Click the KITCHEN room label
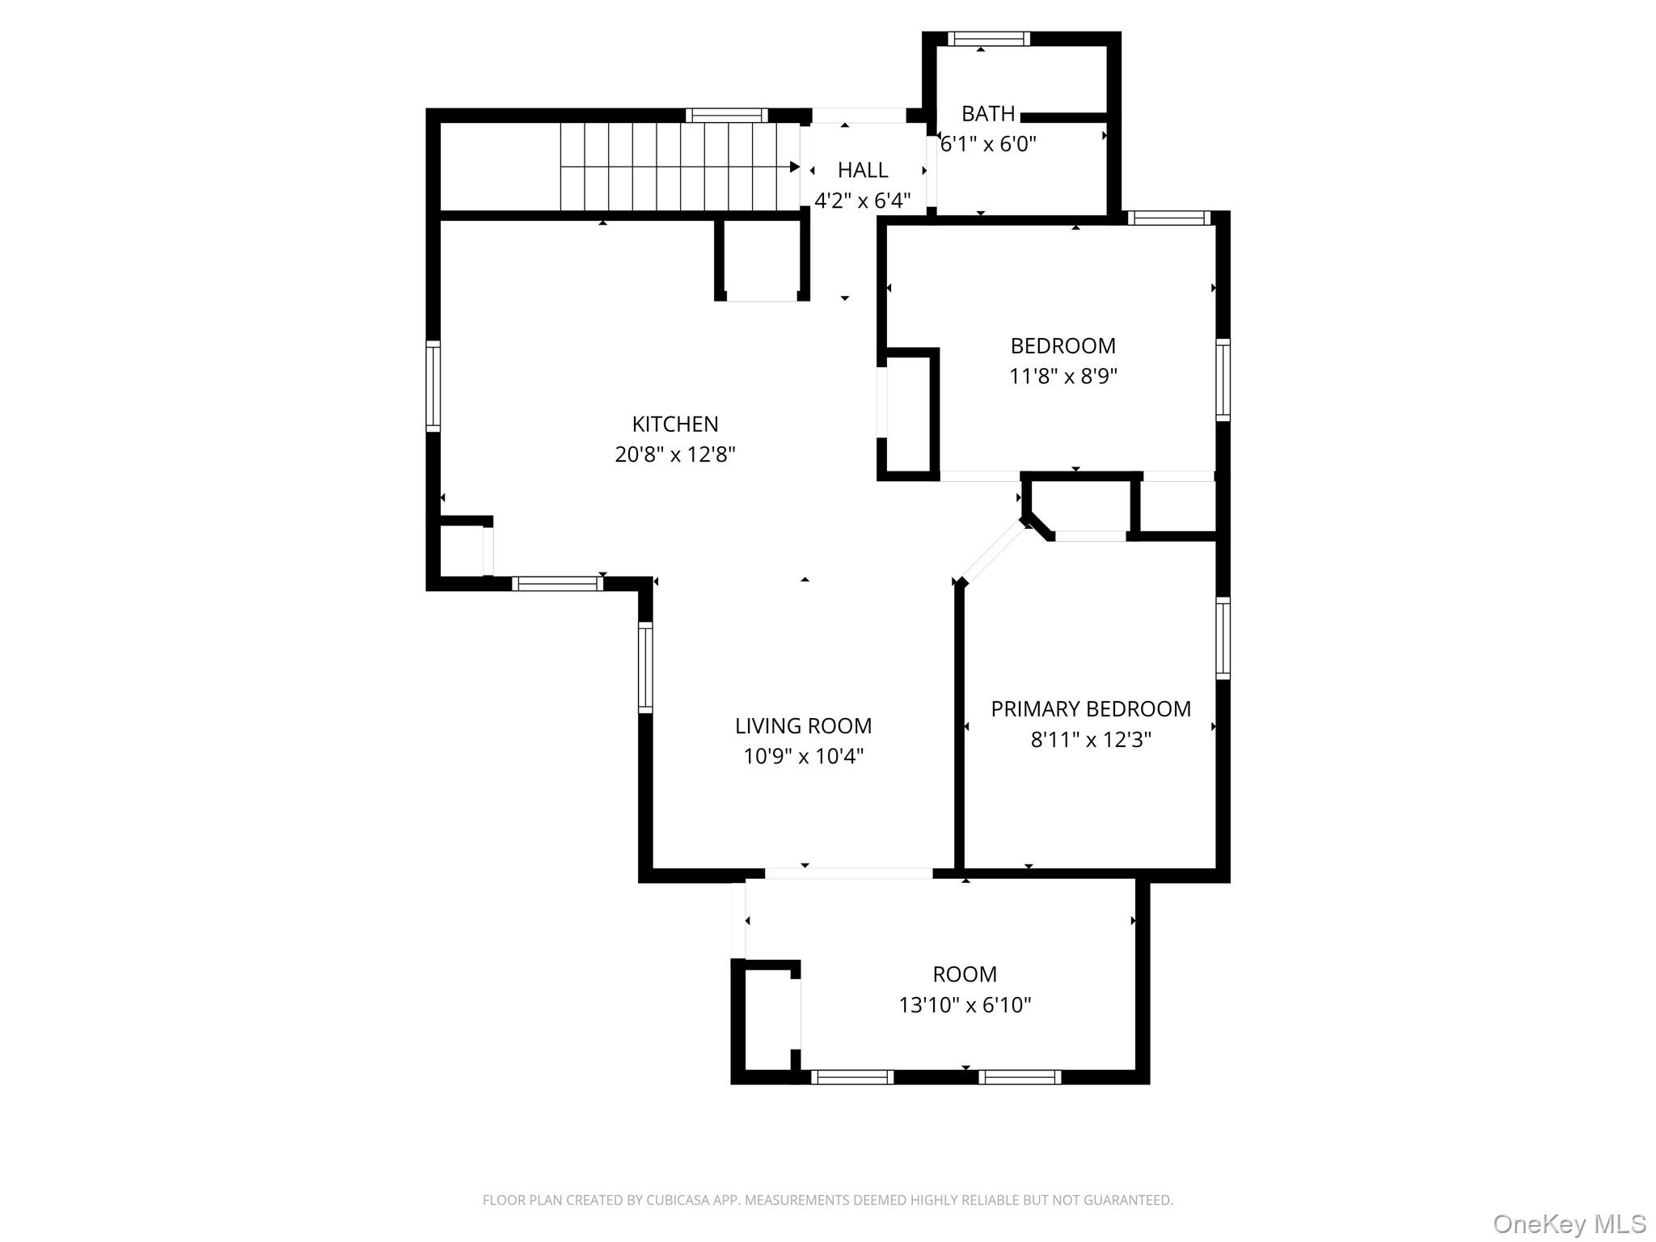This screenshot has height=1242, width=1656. (674, 424)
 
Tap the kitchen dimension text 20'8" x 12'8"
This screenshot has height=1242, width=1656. (674, 454)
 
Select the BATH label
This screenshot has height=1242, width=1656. (987, 114)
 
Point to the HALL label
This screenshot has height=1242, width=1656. (862, 171)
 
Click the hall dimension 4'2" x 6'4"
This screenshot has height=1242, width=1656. (862, 201)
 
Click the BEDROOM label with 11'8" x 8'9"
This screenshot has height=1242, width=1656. (1062, 346)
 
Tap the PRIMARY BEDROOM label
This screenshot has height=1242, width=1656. (1090, 709)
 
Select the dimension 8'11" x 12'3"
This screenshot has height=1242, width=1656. (1090, 740)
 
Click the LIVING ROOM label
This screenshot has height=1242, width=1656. (803, 726)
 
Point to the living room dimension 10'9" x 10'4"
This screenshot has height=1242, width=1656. (803, 757)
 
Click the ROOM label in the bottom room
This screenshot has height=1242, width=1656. (964, 974)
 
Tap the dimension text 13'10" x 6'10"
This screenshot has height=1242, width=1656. (964, 1005)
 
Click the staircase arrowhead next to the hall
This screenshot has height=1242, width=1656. (795, 167)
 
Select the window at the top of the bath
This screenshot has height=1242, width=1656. (988, 39)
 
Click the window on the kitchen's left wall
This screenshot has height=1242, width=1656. (433, 385)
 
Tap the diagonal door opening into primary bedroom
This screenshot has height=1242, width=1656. (993, 553)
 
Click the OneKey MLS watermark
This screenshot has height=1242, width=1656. (1569, 1224)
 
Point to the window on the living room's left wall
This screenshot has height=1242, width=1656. (645, 667)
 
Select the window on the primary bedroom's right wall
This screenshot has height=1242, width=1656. (1223, 638)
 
